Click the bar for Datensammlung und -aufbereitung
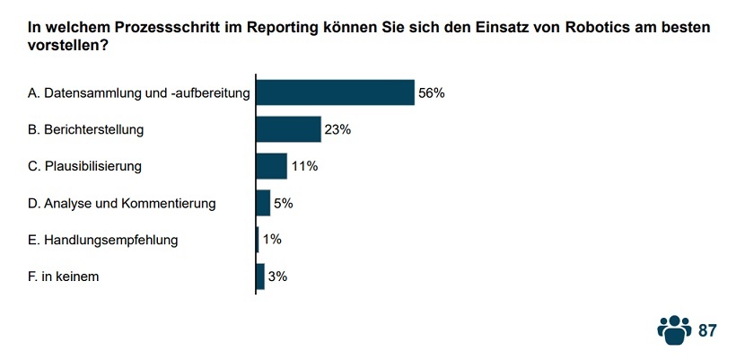335,92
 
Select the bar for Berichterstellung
288,129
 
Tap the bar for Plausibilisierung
271,166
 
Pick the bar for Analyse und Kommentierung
263,203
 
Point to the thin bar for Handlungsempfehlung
258,240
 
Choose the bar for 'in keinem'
260,277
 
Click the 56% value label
431,92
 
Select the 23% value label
337,129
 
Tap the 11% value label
304,166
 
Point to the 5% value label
284,203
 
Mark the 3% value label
277,277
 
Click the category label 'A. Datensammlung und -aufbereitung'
138,92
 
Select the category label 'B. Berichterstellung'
86,129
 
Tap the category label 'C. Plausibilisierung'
85,166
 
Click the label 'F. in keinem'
64,277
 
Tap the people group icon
674,329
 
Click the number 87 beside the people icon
707,330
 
